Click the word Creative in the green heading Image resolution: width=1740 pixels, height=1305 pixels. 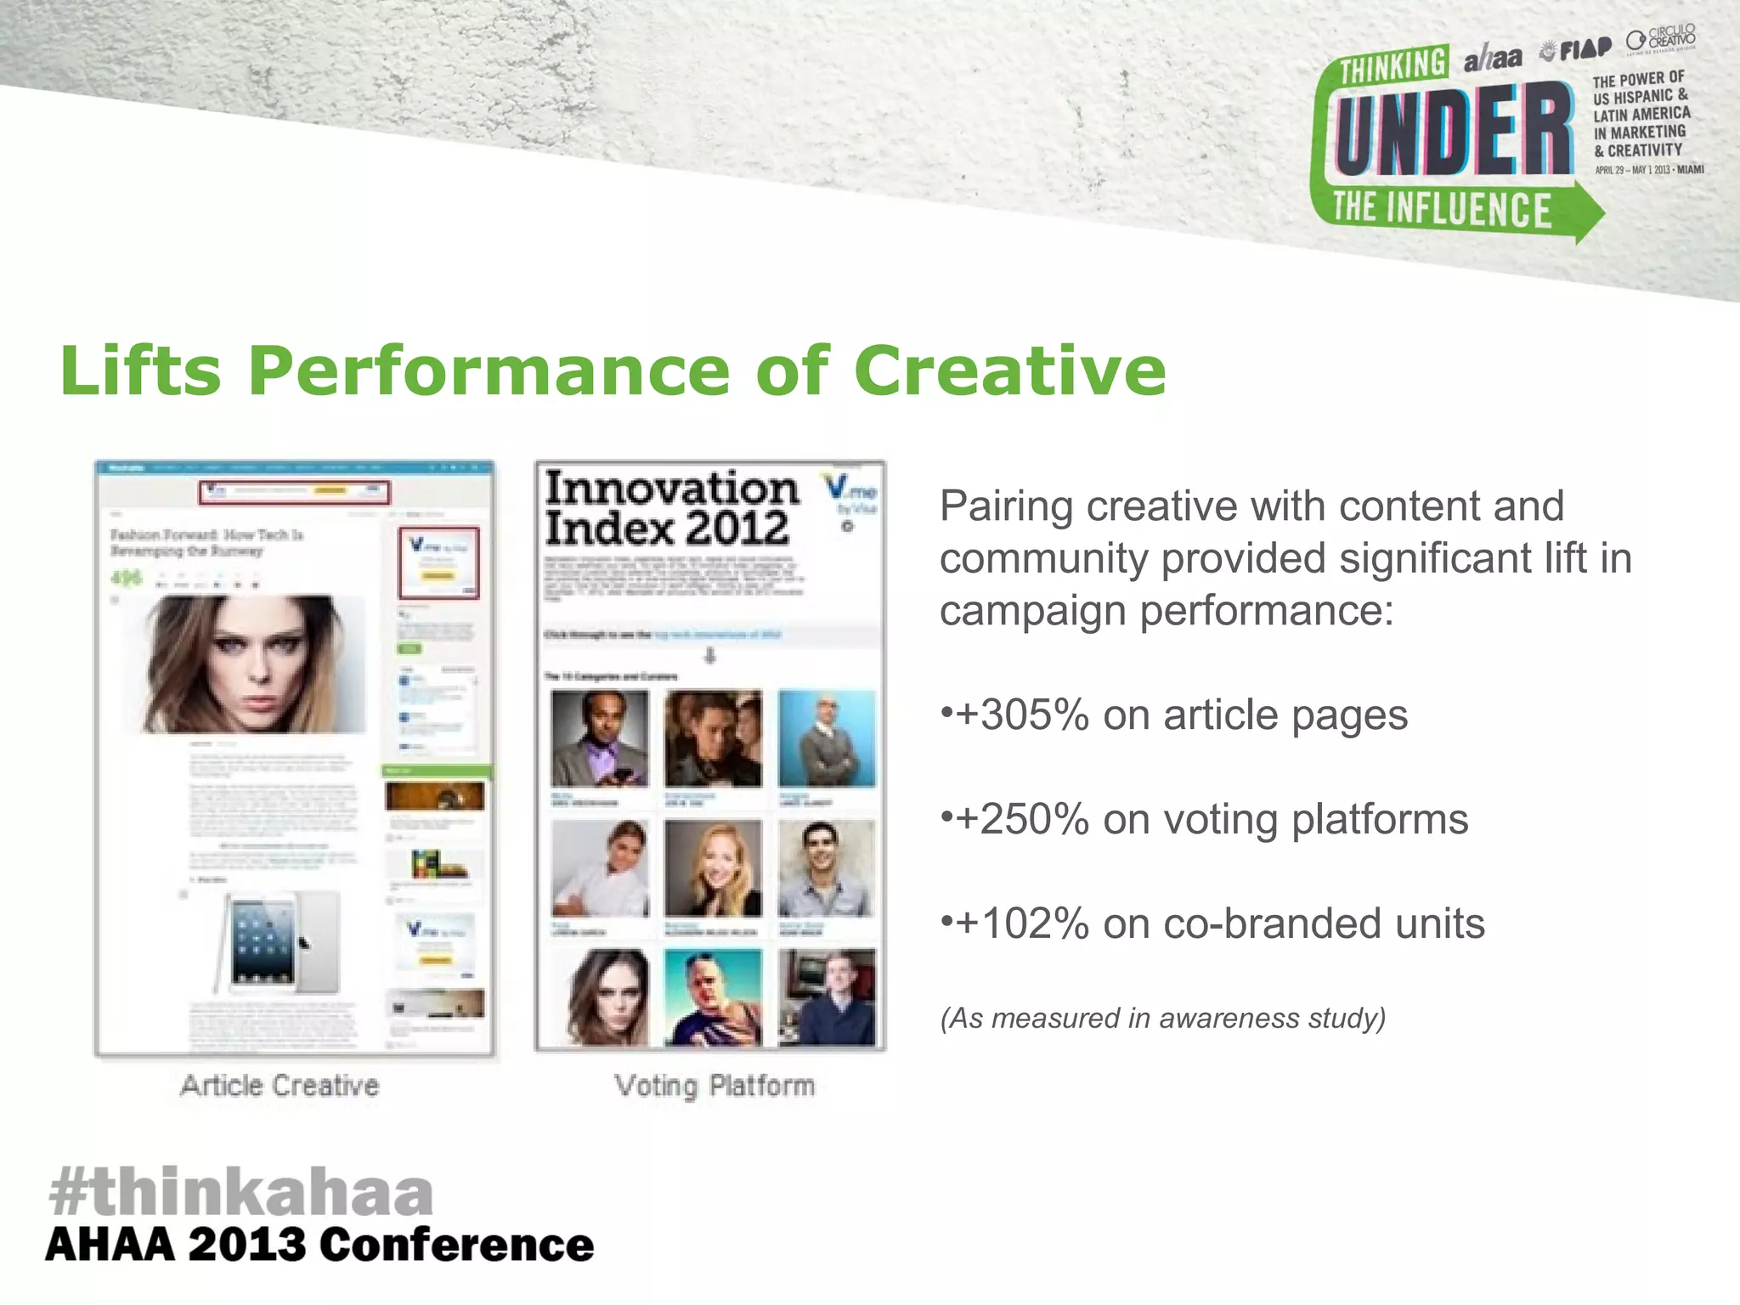1009,371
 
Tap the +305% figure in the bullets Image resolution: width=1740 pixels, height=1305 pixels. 1022,715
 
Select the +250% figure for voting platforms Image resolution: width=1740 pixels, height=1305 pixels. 1022,819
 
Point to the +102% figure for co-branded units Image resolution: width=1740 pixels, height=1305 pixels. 1022,924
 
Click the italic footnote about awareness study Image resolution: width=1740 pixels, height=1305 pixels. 1162,1018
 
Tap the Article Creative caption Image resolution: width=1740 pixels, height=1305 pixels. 280,1086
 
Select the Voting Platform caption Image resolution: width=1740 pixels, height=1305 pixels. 715,1086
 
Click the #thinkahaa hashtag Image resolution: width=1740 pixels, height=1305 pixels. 241,1191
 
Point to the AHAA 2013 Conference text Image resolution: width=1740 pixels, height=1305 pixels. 319,1246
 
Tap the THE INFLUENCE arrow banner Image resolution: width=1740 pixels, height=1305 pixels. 1444,210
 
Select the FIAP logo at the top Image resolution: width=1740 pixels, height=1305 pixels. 1577,49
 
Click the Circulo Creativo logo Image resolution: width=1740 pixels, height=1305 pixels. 1661,39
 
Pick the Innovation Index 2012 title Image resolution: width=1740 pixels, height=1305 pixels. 671,508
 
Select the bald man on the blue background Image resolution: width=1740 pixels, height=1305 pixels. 826,738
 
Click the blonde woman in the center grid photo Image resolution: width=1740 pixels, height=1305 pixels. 713,868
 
